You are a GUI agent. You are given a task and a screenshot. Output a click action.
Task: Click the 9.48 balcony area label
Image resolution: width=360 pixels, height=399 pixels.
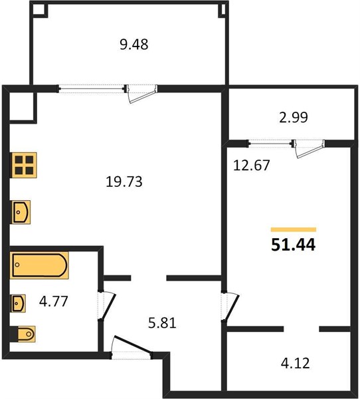(134, 45)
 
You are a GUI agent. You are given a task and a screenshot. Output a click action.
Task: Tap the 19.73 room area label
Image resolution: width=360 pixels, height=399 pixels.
(124, 182)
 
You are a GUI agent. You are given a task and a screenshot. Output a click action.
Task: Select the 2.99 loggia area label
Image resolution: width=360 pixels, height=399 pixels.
(294, 117)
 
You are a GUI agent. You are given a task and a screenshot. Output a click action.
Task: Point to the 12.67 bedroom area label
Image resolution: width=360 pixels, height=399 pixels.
(252, 165)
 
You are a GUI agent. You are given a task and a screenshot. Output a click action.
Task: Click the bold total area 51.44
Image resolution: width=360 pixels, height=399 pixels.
(294, 245)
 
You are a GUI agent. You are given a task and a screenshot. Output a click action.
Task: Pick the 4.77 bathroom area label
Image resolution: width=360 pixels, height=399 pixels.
(54, 301)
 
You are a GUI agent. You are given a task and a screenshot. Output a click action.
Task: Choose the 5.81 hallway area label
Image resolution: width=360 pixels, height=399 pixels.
(162, 323)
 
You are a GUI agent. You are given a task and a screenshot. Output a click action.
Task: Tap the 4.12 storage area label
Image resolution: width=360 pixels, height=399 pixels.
(296, 363)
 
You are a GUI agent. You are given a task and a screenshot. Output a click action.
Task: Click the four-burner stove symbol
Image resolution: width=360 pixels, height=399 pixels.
(24, 165)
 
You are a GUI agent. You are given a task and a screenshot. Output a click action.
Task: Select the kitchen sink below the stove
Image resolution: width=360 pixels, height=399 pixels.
(21, 212)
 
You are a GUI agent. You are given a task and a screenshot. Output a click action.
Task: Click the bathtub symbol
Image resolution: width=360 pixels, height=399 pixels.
(39, 265)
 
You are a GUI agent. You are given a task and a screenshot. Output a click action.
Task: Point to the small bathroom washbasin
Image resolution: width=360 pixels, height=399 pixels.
(19, 303)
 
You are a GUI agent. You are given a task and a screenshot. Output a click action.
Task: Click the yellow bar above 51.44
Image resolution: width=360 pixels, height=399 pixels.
(294, 229)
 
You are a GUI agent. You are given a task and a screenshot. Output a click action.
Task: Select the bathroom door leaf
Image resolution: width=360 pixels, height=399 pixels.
(108, 307)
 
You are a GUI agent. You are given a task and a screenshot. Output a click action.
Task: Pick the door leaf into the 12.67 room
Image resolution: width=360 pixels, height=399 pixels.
(231, 307)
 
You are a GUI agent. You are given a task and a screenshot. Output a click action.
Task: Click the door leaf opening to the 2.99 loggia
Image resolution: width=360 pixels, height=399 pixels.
(310, 152)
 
